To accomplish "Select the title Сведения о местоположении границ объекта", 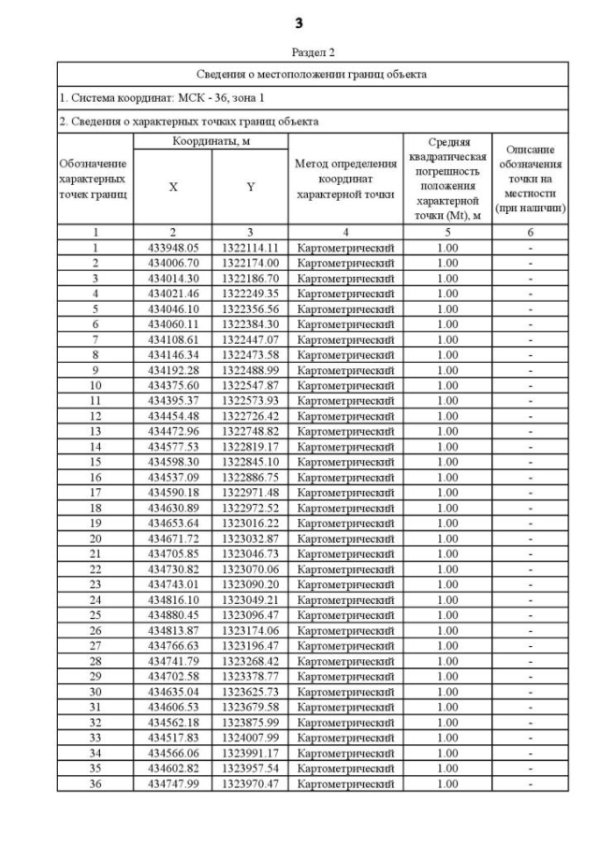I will pyautogui.click(x=313, y=74).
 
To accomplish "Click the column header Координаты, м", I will pyautogui.click(x=211, y=140).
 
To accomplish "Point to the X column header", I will pyautogui.click(x=173, y=187).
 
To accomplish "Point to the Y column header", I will pyautogui.click(x=250, y=187).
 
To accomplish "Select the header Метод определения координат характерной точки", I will pyautogui.click(x=345, y=179).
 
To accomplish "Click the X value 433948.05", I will pyautogui.click(x=173, y=248).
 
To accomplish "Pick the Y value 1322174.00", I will pyautogui.click(x=250, y=263).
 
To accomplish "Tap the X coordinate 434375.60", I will pyautogui.click(x=173, y=385).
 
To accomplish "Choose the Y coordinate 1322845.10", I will pyautogui.click(x=250, y=462).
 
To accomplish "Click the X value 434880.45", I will pyautogui.click(x=173, y=615).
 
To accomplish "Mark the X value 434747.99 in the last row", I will pyautogui.click(x=173, y=783).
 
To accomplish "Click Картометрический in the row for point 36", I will pyautogui.click(x=345, y=783).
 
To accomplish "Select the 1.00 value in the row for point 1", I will pyautogui.click(x=447, y=248).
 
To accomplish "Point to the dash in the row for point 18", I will pyautogui.click(x=530, y=508).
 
